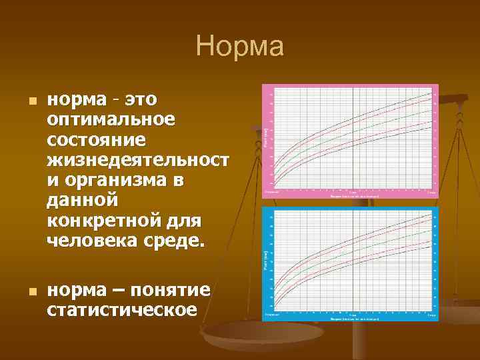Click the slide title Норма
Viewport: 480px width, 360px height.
pyautogui.click(x=240, y=47)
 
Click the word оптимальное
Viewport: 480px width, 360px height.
pyautogui.click(x=111, y=120)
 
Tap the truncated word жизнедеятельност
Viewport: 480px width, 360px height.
pyautogui.click(x=137, y=160)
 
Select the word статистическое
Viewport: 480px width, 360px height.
pyautogui.click(x=122, y=310)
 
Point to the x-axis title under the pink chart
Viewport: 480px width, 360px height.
pyautogui.click(x=354, y=196)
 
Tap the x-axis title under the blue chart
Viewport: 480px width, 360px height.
pyautogui.click(x=354, y=319)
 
